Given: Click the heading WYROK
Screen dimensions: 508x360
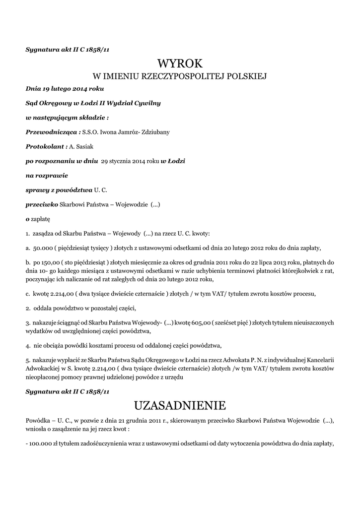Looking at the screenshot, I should tap(180, 63).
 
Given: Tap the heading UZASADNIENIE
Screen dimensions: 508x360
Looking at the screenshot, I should tap(180, 406).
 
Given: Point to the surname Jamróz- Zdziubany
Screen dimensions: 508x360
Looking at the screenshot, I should tap(143, 132).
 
